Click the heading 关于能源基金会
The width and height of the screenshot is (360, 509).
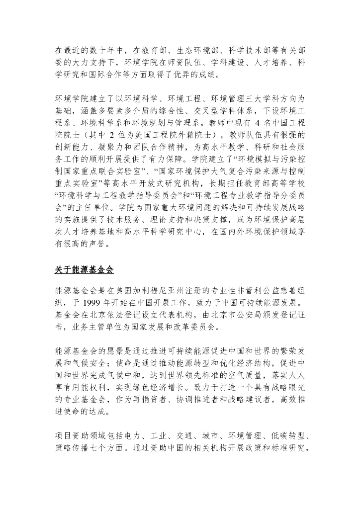(84, 270)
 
